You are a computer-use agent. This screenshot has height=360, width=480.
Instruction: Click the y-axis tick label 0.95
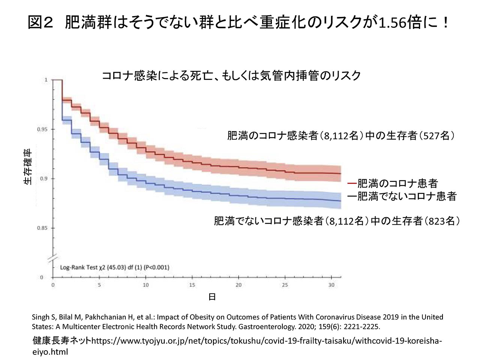coord(42,129)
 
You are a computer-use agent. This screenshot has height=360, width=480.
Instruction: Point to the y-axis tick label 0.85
coord(42,228)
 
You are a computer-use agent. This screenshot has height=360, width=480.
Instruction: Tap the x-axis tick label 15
coord(192,285)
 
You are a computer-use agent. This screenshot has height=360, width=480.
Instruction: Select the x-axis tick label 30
coord(331,285)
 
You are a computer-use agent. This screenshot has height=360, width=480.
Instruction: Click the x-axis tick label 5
coord(99,285)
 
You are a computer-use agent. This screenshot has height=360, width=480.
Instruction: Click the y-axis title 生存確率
coord(28,167)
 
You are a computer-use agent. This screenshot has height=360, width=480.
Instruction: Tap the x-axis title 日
coord(212,297)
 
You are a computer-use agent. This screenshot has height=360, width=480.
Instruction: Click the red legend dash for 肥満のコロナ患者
coord(352,183)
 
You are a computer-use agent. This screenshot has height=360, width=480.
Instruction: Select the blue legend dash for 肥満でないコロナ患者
coord(352,196)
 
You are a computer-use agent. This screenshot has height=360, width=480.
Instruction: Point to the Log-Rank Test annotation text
coord(115,267)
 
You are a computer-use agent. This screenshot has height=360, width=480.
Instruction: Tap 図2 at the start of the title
coord(40,23)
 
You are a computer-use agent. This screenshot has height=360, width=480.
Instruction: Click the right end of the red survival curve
coord(341,174)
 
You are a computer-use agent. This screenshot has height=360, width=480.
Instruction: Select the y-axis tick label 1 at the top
coord(46,80)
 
